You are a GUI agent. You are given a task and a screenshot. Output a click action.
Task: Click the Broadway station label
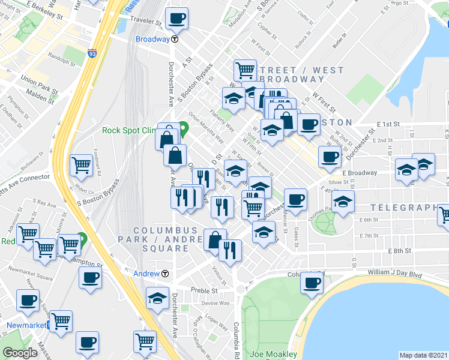click(x=152, y=39)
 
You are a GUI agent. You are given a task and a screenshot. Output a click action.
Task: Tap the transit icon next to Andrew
click(x=165, y=274)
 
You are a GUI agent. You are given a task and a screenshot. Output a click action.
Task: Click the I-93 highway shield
click(x=92, y=53)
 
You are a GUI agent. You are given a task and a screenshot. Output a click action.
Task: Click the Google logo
click(x=20, y=353)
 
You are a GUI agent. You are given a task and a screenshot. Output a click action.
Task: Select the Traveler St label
click(x=148, y=25)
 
